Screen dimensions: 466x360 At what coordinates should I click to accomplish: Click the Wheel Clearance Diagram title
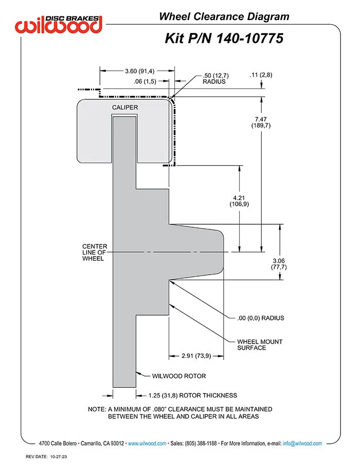point(224,16)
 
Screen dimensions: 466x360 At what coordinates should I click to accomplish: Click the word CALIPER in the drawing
point(125,107)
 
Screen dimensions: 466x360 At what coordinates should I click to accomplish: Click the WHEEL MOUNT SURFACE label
point(260,345)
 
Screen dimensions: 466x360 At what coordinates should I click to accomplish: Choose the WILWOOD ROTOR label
point(179,376)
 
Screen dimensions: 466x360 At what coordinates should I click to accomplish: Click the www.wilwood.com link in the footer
point(147,443)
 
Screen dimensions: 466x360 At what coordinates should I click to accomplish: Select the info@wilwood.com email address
point(302,443)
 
